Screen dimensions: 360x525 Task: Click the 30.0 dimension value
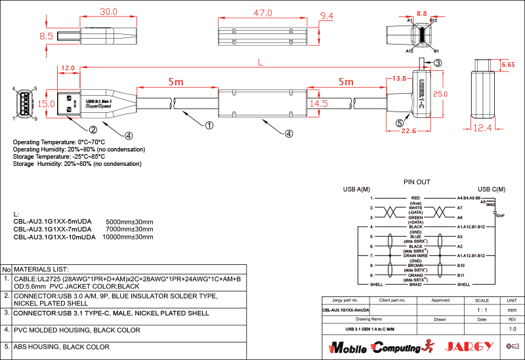pyautogui.click(x=108, y=12)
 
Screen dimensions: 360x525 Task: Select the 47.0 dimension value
pyautogui.click(x=263, y=12)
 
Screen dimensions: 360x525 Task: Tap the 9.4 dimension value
pyautogui.click(x=326, y=16)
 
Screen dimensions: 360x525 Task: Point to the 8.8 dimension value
pyautogui.click(x=422, y=12)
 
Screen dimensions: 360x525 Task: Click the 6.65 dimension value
pyautogui.click(x=507, y=65)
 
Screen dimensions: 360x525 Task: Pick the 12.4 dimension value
pyautogui.click(x=486, y=128)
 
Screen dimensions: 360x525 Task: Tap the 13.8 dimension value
pyautogui.click(x=398, y=79)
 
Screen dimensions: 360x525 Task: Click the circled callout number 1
pyautogui.click(x=209, y=125)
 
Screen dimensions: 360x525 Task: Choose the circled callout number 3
pyautogui.click(x=438, y=63)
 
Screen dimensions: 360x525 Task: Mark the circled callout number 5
pyautogui.click(x=400, y=122)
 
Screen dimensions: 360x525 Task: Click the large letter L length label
pyautogui.click(x=261, y=63)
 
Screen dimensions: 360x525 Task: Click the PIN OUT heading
pyautogui.click(x=417, y=182)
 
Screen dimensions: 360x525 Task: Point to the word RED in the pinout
pyautogui.click(x=415, y=197)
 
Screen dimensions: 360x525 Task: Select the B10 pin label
pyautogui.click(x=461, y=266)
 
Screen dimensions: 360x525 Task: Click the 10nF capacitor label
pyautogui.click(x=499, y=215)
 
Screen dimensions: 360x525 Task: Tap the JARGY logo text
pyautogui.click(x=467, y=346)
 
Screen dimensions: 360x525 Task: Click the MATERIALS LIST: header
pyautogui.click(x=41, y=270)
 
